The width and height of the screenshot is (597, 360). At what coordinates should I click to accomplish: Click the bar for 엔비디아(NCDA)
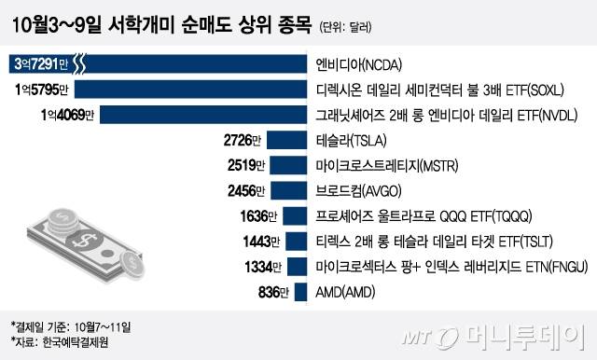pos(187,64)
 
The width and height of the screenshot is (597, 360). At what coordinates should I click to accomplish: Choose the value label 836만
pos(271,290)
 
